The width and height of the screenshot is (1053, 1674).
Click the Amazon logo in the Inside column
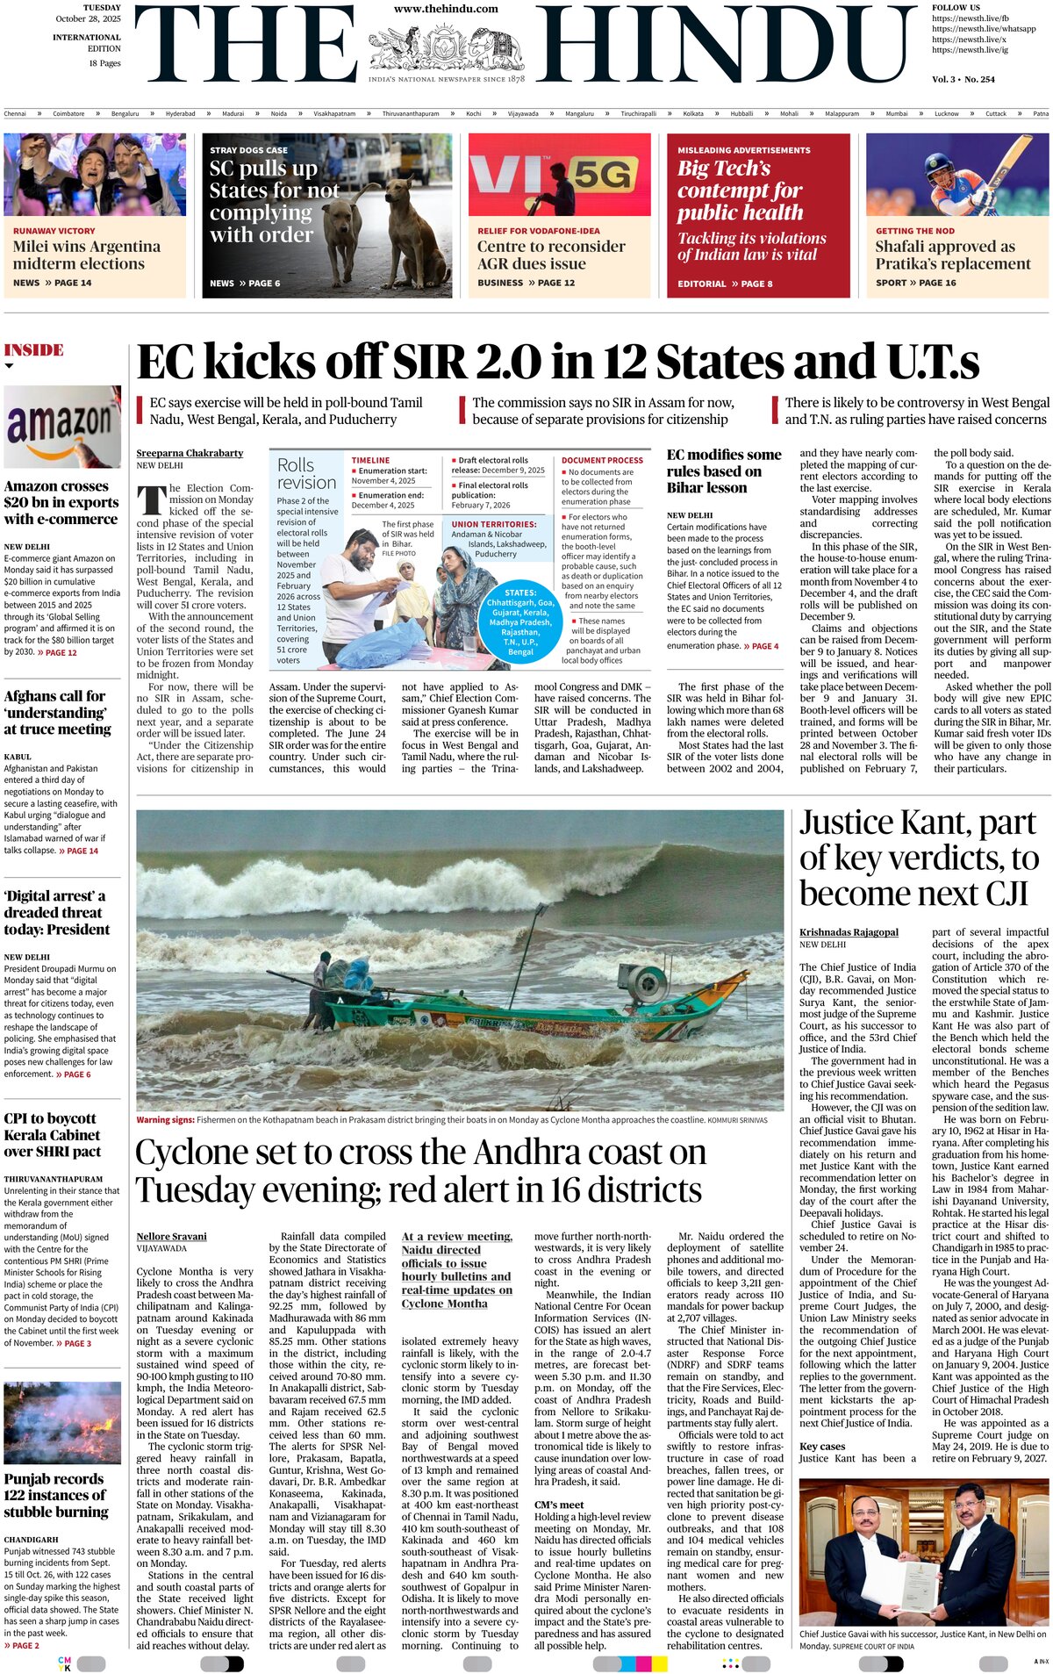click(62, 427)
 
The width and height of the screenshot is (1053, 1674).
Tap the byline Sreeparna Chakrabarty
click(190, 453)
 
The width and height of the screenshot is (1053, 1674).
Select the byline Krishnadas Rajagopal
click(849, 932)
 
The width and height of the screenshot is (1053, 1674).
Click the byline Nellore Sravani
click(172, 1236)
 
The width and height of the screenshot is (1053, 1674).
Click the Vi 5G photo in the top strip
click(559, 175)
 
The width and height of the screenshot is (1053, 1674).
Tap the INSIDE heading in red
click(34, 350)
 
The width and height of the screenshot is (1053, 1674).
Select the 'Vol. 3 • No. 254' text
click(963, 79)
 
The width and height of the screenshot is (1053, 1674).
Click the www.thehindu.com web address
click(446, 9)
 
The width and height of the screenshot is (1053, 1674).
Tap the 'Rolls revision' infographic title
click(306, 473)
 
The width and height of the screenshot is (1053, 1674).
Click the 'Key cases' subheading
click(822, 1447)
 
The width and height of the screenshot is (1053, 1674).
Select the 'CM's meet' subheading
click(559, 1505)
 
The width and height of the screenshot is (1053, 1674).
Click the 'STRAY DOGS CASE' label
click(248, 150)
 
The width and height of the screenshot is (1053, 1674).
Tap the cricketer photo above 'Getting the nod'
click(957, 175)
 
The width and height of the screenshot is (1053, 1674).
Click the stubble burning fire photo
click(62, 1423)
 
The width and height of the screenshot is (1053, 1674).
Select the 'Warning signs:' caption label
click(165, 1120)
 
